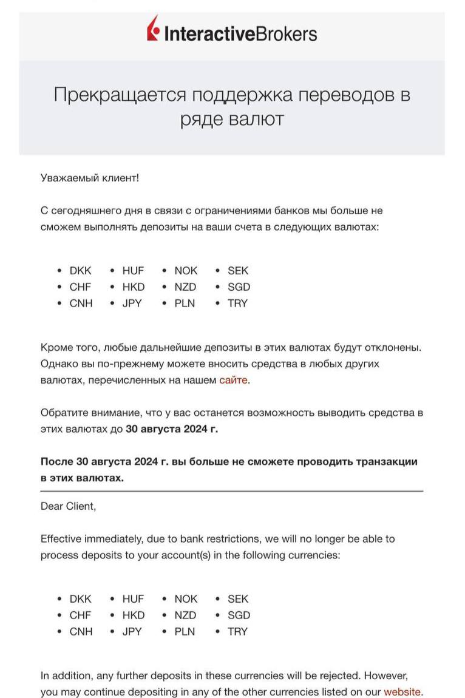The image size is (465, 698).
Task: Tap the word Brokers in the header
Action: click(285, 33)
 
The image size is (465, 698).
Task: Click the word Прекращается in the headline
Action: click(119, 95)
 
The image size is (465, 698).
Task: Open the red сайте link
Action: click(234, 381)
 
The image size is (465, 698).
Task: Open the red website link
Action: click(402, 691)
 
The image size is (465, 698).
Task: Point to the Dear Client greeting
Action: click(68, 506)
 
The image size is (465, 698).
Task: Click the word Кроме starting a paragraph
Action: click(56, 347)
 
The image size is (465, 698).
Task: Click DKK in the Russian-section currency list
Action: click(81, 271)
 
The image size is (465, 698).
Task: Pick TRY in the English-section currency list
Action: click(237, 631)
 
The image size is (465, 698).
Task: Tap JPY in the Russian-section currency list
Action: click(132, 303)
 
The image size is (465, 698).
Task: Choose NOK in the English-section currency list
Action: click(186, 599)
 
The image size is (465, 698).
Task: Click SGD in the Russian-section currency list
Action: click(239, 287)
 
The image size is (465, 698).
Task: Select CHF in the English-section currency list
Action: click(80, 615)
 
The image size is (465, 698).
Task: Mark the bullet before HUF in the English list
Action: click(112, 599)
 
